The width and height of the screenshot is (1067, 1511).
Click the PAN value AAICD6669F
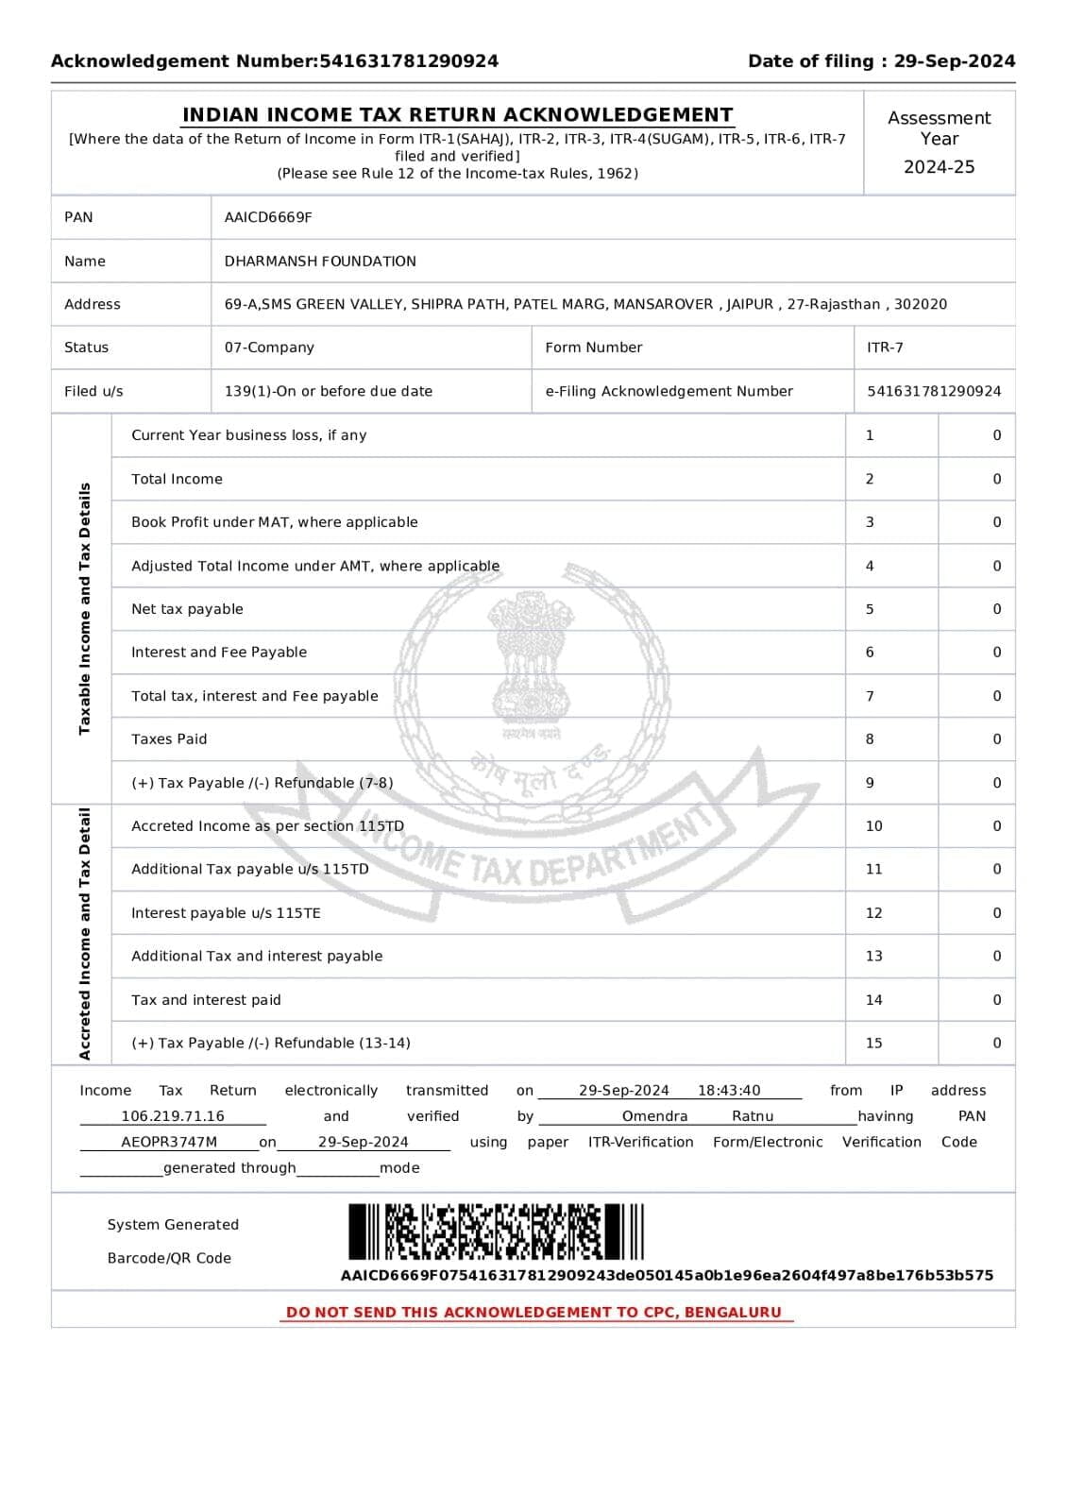point(268,217)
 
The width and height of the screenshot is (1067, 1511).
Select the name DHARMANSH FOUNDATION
point(320,261)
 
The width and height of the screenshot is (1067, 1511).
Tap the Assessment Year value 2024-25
point(939,167)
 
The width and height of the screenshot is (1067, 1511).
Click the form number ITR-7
point(885,348)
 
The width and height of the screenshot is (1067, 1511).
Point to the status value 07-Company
point(269,348)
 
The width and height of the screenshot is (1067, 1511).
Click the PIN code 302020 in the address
point(921,304)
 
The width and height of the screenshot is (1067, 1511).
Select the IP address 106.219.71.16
point(173,1116)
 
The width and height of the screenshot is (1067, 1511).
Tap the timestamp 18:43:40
point(729,1091)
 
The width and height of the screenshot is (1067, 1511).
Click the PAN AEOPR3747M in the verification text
point(169,1142)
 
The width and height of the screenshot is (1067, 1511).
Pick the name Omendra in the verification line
point(654,1116)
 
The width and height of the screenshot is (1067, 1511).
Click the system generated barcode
point(496,1231)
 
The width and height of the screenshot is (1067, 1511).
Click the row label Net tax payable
point(187,609)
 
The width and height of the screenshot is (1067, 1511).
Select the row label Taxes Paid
point(169,739)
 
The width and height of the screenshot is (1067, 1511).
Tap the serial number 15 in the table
point(874,1044)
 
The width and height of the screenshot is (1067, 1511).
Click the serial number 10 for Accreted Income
point(874,826)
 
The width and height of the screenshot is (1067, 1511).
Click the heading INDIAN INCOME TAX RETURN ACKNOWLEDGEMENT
point(457,115)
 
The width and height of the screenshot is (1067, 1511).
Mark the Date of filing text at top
point(881,61)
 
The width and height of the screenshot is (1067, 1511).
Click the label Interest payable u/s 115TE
point(226,913)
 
